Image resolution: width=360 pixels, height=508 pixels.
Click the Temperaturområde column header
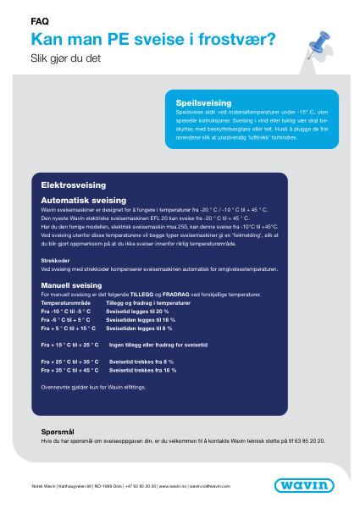tap(66, 301)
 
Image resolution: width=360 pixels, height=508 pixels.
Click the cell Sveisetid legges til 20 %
tap(139, 311)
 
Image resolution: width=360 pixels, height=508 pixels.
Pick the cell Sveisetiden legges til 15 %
tap(141, 320)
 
